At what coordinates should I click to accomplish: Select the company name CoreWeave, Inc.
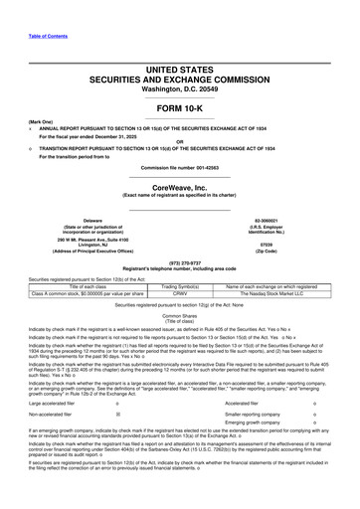179,171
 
